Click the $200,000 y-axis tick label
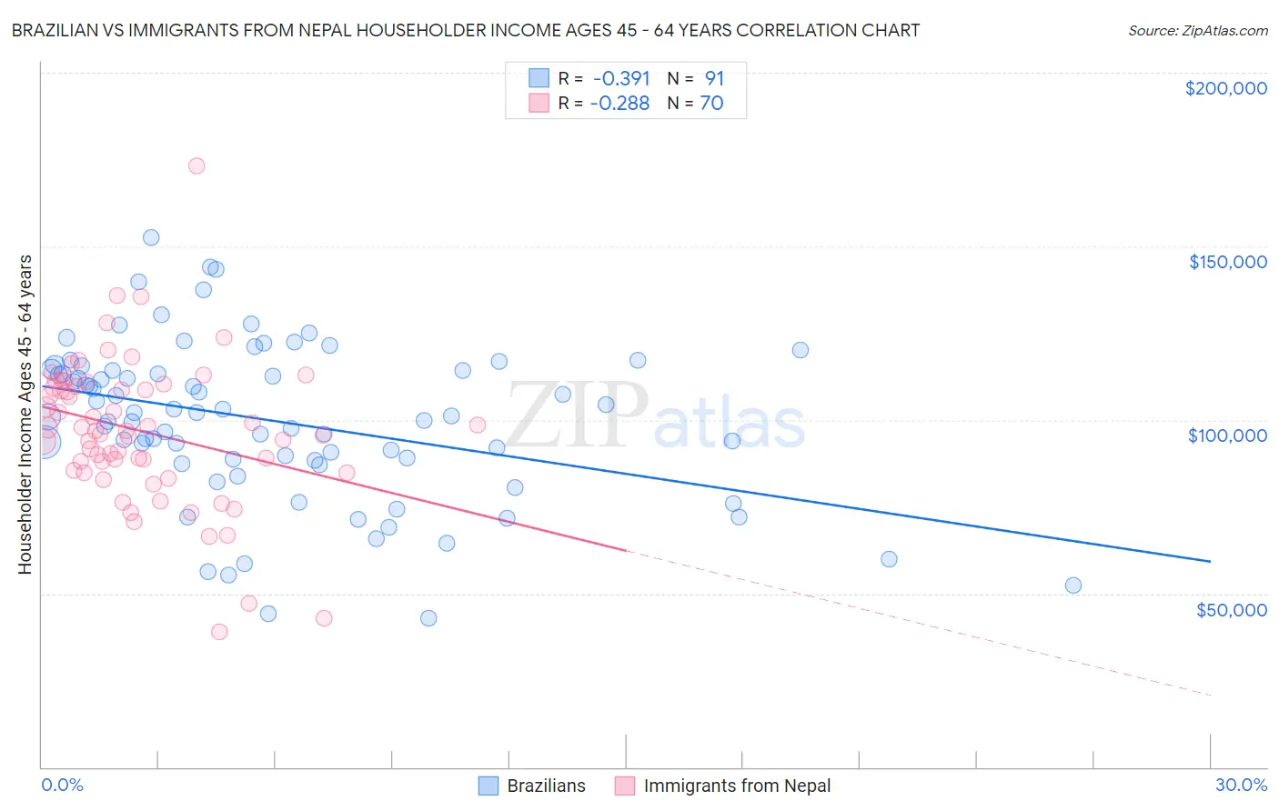[1225, 88]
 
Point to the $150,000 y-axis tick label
[1227, 262]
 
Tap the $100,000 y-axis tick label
[1227, 436]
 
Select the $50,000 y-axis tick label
[1231, 609]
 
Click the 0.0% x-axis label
[62, 785]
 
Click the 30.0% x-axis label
[1241, 785]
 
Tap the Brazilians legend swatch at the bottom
[488, 786]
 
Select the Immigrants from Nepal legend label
[737, 786]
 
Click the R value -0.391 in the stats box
[620, 79]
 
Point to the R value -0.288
[619, 104]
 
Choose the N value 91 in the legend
[714, 79]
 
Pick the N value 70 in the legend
[711, 104]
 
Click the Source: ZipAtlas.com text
[1197, 30]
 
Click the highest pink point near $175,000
[196, 165]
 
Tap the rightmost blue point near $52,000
[1073, 586]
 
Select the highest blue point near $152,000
[151, 237]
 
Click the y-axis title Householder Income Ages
[25, 415]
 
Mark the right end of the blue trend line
[1210, 562]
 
